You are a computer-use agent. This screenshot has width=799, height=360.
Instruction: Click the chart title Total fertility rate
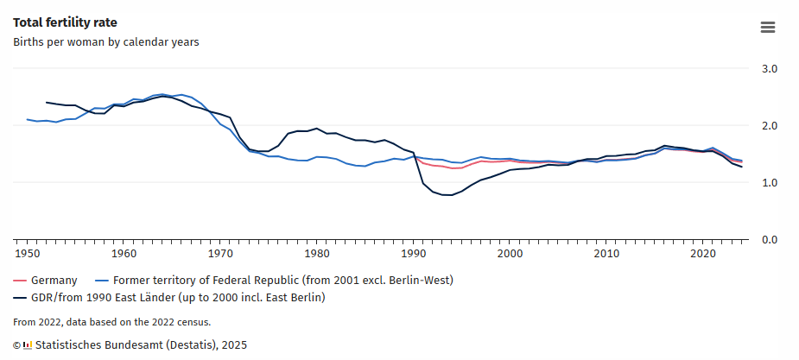pos(65,22)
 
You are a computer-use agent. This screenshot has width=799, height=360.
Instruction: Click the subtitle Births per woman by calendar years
pos(106,41)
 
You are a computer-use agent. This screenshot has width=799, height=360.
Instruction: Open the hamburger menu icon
pos(768,27)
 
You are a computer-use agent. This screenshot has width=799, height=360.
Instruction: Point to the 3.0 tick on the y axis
pos(769,68)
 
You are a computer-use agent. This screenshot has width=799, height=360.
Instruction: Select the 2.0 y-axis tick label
pos(769,126)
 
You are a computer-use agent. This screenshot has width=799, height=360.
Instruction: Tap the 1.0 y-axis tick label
pos(769,183)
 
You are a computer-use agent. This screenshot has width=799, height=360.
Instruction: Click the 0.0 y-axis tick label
pos(769,240)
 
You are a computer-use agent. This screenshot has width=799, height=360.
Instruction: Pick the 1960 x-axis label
pos(124,254)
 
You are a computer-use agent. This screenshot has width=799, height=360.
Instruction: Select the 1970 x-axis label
pos(221,254)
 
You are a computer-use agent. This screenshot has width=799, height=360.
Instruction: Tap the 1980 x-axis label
pos(318,254)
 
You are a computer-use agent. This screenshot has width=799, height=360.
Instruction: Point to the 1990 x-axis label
pos(415,254)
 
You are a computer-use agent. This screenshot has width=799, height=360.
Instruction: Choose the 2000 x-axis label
pos(511,254)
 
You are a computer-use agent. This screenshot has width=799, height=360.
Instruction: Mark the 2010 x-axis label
pos(608,254)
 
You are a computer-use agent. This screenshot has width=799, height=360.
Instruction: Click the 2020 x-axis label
pos(705,254)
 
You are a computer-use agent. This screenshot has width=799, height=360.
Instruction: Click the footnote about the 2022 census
pos(111,322)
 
